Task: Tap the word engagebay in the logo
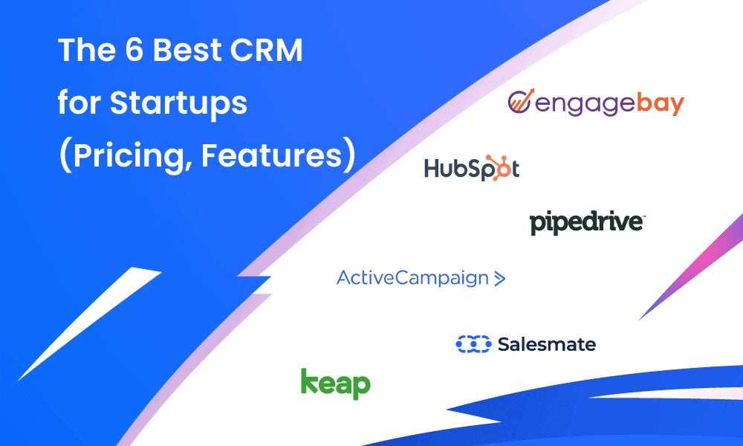point(609,104)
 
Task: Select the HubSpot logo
point(471,169)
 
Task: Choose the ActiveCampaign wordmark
point(412,279)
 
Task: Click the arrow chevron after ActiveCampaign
point(499,279)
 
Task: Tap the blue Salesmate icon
point(473,344)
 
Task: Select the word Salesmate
point(547,344)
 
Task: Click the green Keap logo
point(335,383)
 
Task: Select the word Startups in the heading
point(178,104)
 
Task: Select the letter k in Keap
point(309,381)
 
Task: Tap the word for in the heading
point(80,104)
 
